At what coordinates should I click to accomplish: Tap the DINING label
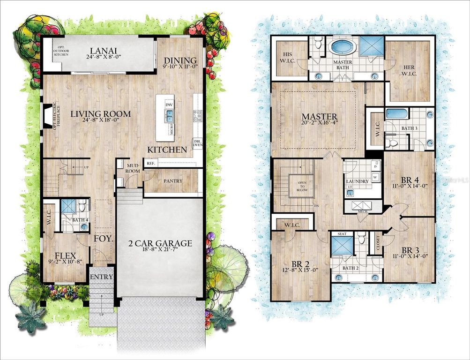(x=180, y=60)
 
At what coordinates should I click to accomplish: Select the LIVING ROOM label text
(x=101, y=114)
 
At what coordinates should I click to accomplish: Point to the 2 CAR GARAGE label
(x=160, y=243)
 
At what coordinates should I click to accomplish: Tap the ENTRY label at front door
(x=101, y=277)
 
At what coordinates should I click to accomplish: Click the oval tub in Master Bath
(x=342, y=48)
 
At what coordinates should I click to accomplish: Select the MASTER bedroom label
(x=320, y=116)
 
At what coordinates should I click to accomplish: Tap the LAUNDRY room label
(x=357, y=181)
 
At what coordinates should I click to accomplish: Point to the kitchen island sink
(x=169, y=115)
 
